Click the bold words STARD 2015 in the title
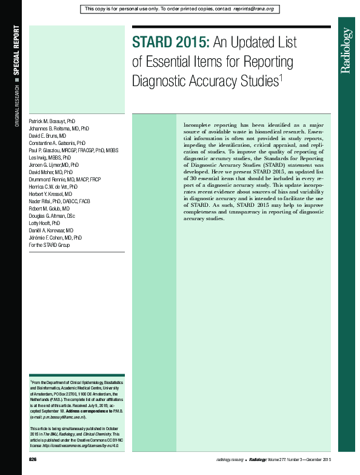coord(171,44)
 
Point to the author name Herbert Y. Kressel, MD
coord(50,194)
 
